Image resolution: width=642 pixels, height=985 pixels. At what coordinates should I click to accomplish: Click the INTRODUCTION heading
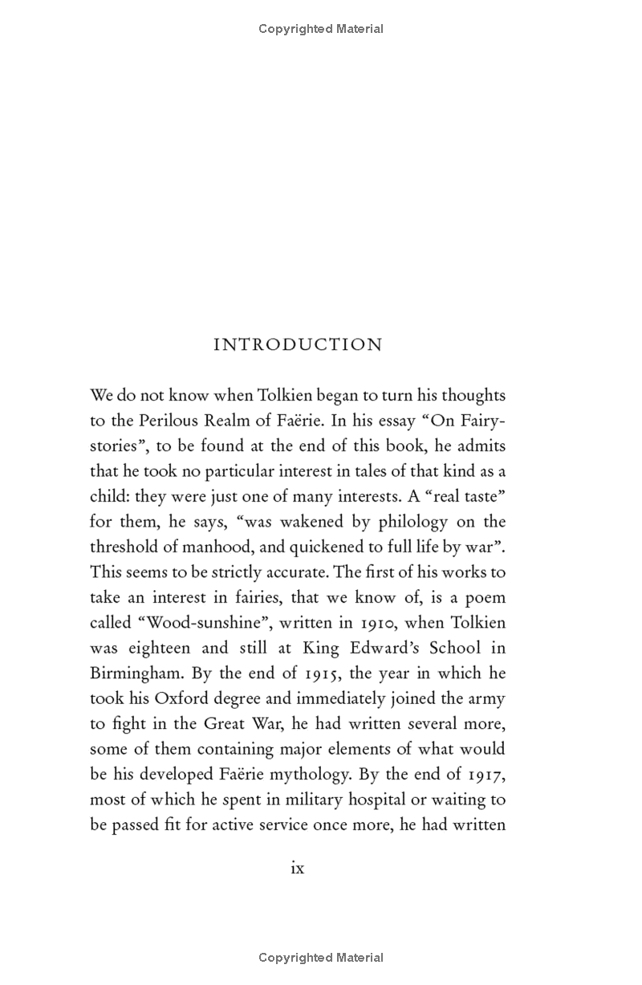coord(298,345)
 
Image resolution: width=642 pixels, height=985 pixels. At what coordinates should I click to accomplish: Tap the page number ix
coord(298,868)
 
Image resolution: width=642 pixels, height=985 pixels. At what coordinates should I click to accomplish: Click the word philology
coord(404,522)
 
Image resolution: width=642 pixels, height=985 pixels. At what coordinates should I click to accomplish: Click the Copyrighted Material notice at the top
coord(321,29)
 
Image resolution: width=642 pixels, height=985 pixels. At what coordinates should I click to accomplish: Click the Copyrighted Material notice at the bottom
coord(321,957)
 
